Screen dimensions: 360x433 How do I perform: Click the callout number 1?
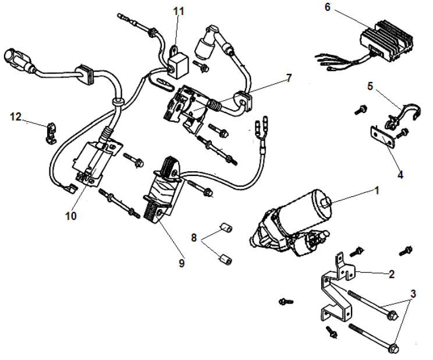coord(377,189)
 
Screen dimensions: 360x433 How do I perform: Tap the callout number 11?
coord(178,11)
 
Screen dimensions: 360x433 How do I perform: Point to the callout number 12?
coord(16,117)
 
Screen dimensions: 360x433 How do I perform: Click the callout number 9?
coord(182,263)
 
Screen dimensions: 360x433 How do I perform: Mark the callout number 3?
coord(413,294)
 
